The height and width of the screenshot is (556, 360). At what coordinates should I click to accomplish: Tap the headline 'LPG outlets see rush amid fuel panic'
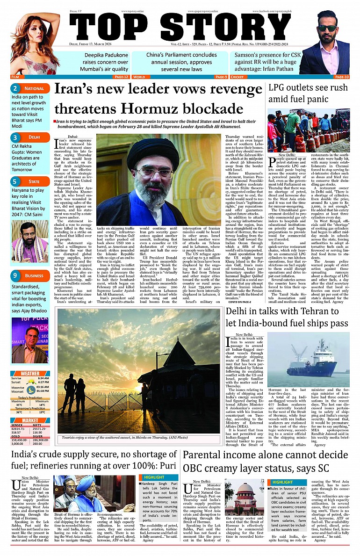(x=309, y=94)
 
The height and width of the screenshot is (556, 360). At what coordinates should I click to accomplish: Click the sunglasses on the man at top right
(x=327, y=29)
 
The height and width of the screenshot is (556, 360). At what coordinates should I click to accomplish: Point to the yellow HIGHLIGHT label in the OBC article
(x=282, y=482)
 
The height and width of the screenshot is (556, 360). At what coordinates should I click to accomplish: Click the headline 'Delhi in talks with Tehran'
(x=287, y=318)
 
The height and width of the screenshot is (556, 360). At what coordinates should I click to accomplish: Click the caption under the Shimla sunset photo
(x=138, y=438)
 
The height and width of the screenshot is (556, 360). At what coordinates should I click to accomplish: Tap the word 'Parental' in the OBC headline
(x=205, y=455)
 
